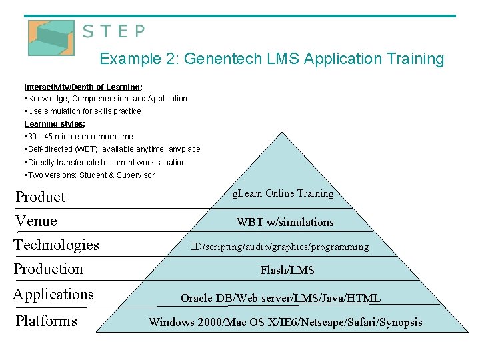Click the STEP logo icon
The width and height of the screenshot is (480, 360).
click(x=51, y=37)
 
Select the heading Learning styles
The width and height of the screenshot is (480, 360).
click(x=54, y=124)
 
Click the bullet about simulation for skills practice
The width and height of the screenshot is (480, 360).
click(x=84, y=111)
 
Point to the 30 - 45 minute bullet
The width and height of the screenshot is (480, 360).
click(x=80, y=137)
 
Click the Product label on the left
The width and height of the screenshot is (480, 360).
click(x=41, y=197)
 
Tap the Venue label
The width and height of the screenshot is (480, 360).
click(x=36, y=221)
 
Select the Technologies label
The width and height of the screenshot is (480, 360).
click(x=57, y=245)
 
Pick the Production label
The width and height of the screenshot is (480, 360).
click(x=49, y=269)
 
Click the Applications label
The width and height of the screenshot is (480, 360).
click(x=53, y=295)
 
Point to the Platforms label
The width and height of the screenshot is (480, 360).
click(x=46, y=321)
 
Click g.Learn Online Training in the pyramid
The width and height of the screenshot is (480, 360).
click(x=283, y=194)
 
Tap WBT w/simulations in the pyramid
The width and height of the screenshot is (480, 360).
click(x=285, y=222)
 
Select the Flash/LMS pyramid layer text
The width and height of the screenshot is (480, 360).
click(x=287, y=270)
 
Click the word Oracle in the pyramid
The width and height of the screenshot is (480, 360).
click(x=198, y=298)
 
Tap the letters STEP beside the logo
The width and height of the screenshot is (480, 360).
click(x=113, y=31)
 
